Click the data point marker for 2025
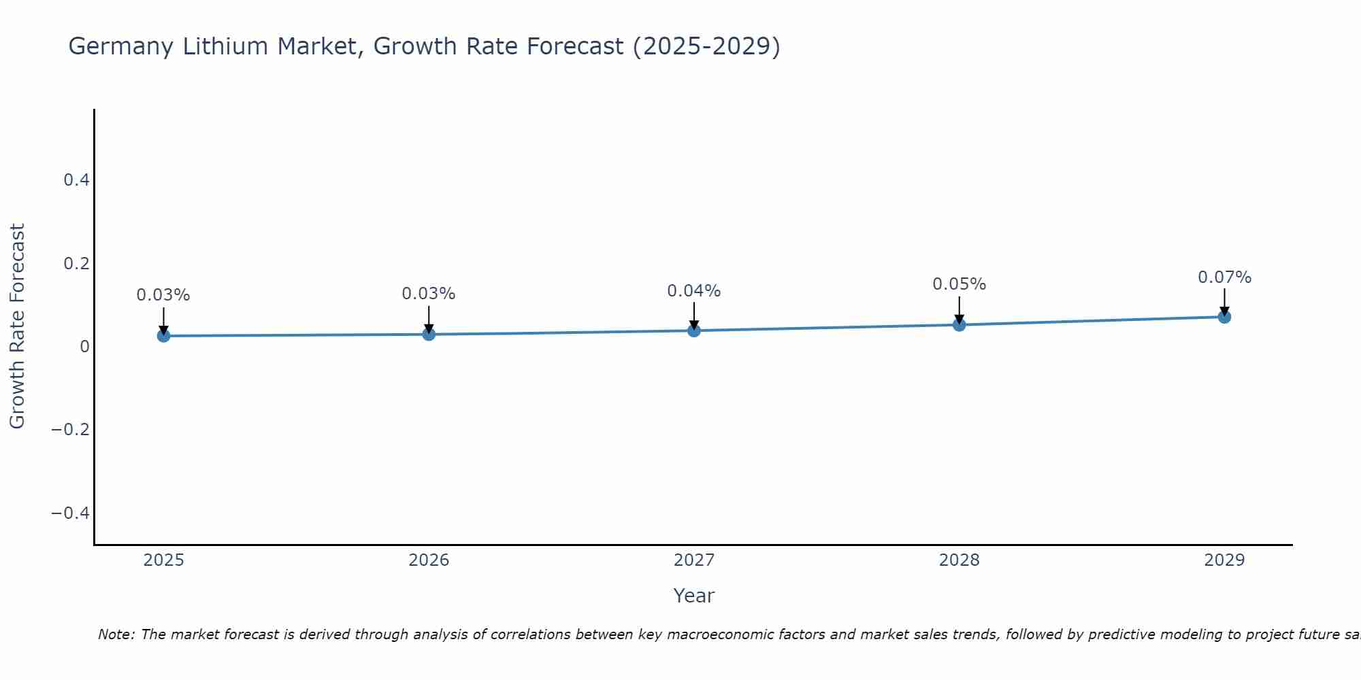coord(163,335)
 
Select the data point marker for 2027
coord(694,330)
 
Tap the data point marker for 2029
coord(1224,317)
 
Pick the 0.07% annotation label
coord(1224,277)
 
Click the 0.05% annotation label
coord(959,284)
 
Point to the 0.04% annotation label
coord(693,291)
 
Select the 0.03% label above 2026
coord(428,294)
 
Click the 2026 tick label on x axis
coord(429,560)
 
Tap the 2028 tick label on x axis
coord(959,560)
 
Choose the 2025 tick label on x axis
coord(164,560)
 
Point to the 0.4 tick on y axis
coord(76,180)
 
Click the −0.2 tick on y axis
coord(71,430)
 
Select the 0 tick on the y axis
coord(84,347)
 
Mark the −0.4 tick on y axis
coord(71,513)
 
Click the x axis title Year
coord(693,596)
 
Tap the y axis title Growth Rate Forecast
coord(17,326)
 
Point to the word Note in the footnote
coord(116,634)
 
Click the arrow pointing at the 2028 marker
coord(960,309)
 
